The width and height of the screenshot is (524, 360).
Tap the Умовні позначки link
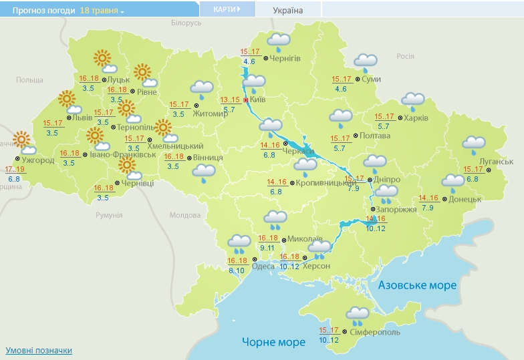pyautogui.click(x=39, y=351)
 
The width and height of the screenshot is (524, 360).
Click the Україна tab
pyautogui.click(x=288, y=10)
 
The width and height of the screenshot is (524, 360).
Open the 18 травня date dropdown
pyautogui.click(x=102, y=11)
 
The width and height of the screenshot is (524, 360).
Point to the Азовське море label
pyautogui.click(x=417, y=285)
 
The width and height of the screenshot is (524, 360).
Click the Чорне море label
pyautogui.click(x=273, y=342)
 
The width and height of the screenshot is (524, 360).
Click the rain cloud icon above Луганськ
pyautogui.click(x=474, y=145)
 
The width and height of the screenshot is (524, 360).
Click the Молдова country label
pyautogui.click(x=184, y=215)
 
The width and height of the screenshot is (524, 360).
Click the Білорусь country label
pyautogui.click(x=186, y=23)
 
